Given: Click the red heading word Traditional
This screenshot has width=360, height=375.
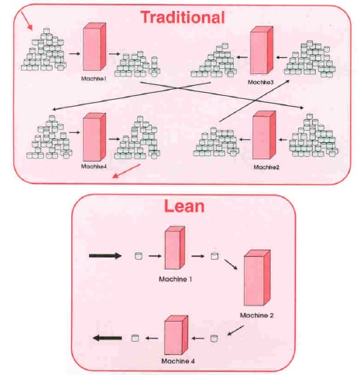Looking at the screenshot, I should click(183, 16).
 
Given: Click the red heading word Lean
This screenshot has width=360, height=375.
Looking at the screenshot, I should click(183, 206).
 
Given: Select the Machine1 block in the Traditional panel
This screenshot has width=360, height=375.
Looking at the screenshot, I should click(92, 49).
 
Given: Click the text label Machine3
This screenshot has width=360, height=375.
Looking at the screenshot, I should click(261, 82).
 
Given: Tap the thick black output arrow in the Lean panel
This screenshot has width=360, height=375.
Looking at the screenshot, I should click(107, 337).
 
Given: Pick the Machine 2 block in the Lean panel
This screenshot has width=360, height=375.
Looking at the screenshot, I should click(257, 280).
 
